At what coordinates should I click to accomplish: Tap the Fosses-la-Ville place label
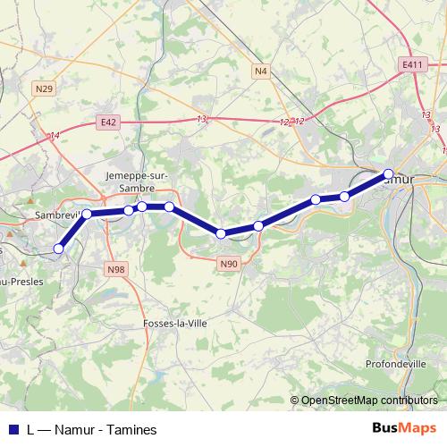coord(175,324)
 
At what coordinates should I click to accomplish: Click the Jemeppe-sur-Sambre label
coord(131,182)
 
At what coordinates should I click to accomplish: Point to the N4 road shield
coord(260,70)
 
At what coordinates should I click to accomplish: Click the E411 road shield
coord(412,65)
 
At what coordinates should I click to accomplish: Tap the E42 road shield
coord(109,122)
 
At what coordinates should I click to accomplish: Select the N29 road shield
coord(45,88)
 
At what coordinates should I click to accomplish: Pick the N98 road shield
coord(115,269)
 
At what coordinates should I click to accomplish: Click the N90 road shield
coord(229,263)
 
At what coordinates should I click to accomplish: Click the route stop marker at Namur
coord(388,174)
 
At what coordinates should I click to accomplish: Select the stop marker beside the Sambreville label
coord(87,214)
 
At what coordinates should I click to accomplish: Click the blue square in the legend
coord(12,430)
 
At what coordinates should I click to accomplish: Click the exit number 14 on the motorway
coord(55,135)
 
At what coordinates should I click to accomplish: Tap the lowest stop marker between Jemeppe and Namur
coord(221,234)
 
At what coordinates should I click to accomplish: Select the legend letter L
coord(31,430)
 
